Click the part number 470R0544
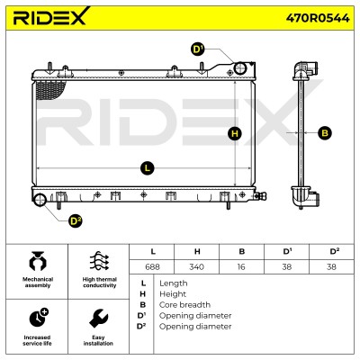[318, 18]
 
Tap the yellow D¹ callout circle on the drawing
[197, 49]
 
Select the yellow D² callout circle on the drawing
[75, 221]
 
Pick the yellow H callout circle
[235, 133]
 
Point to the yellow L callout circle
[147, 168]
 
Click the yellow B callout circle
[325, 132]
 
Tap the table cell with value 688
[152, 266]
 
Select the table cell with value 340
[197, 266]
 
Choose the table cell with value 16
[241, 266]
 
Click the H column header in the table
[197, 252]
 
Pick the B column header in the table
[241, 252]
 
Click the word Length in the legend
[174, 283]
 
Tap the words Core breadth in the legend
[184, 305]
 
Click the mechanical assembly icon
[38, 262]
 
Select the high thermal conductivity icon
[99, 262]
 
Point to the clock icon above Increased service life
[39, 318]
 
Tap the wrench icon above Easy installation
[98, 319]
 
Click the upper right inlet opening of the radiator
[240, 68]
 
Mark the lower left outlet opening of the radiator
[40, 200]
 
